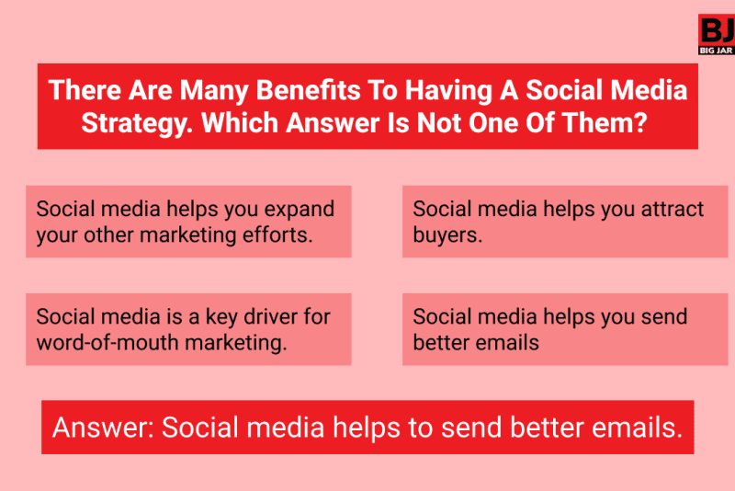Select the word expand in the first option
pyautogui.click(x=300, y=210)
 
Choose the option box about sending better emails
pyautogui.click(x=564, y=329)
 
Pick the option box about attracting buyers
pyautogui.click(x=564, y=222)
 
